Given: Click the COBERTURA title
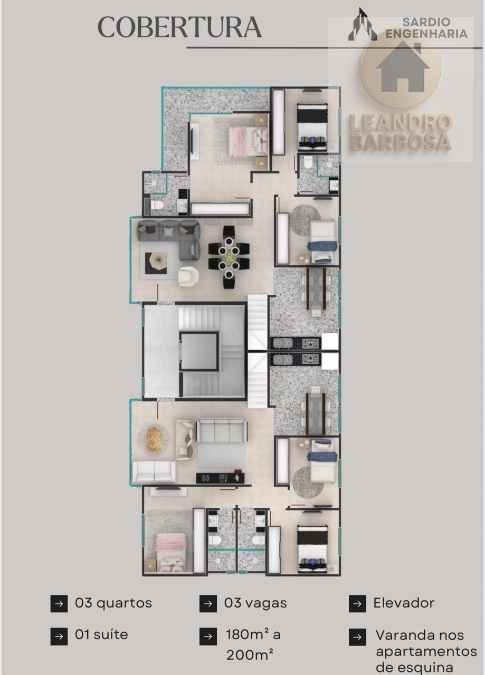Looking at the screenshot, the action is pos(179,27).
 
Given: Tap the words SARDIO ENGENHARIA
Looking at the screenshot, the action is pos(426,28).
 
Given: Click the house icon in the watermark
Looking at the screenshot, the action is pos(402,67).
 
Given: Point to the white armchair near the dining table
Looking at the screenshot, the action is pos(188,276).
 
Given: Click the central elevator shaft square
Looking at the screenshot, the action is pos(199,351).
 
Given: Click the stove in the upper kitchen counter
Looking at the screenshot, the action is pos(311,343).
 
